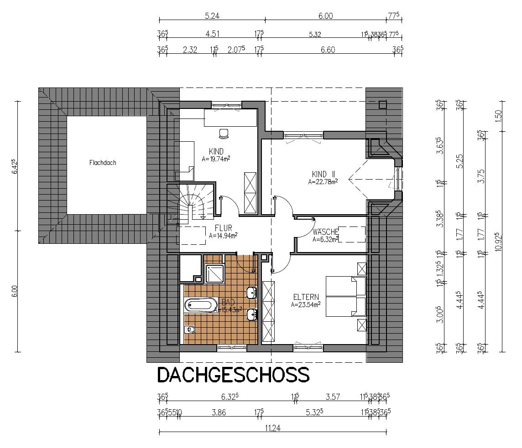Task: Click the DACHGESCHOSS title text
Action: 233,375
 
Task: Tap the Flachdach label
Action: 103,163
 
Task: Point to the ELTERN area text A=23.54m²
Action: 305,304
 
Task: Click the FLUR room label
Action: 223,229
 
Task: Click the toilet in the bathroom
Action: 191,330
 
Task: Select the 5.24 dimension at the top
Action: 212,16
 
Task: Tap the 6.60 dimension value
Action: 328,50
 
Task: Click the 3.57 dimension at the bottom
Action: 332,397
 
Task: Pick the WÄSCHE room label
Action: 325,232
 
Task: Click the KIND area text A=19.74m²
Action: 216,159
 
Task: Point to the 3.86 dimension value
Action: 219,412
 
